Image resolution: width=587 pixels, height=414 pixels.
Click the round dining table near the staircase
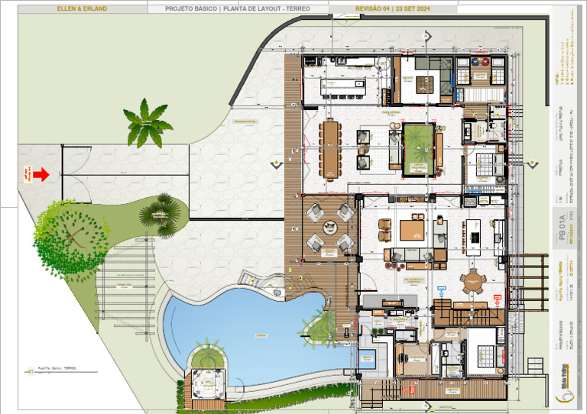pos(475,283)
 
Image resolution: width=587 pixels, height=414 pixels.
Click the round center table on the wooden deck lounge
pos(329,227)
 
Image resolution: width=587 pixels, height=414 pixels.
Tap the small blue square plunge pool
pos(368,359)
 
